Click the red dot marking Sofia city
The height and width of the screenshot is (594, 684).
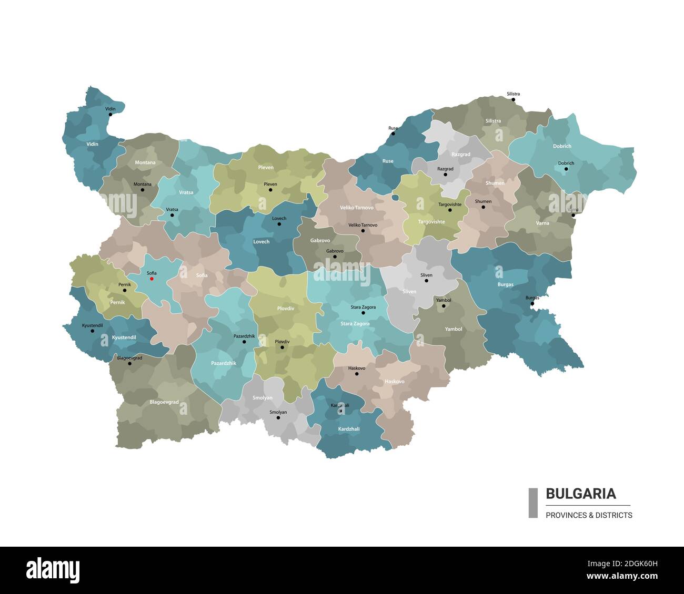pyautogui.click(x=152, y=279)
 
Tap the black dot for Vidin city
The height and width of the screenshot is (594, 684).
pyautogui.click(x=110, y=114)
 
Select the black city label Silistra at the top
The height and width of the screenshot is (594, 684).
pyautogui.click(x=513, y=94)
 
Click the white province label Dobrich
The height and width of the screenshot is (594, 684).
pyautogui.click(x=562, y=146)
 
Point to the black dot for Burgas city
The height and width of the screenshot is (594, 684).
pyautogui.click(x=532, y=303)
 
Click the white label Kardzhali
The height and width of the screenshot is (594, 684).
pyautogui.click(x=349, y=429)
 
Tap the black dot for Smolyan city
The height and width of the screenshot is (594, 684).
pyautogui.click(x=278, y=417)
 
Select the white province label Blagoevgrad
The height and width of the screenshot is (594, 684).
pyautogui.click(x=164, y=402)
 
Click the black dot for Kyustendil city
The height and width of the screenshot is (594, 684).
pyautogui.click(x=93, y=331)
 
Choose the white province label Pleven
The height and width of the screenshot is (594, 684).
pyautogui.click(x=266, y=168)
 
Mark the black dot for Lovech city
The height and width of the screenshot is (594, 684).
pyautogui.click(x=279, y=224)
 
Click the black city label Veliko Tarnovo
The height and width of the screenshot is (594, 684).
pyautogui.click(x=363, y=224)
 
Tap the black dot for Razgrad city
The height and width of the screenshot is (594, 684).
pyautogui.click(x=445, y=175)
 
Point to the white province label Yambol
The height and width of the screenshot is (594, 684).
pyautogui.click(x=453, y=329)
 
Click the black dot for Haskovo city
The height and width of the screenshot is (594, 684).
pyautogui.click(x=357, y=374)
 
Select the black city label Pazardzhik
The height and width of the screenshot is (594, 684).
pyautogui.click(x=244, y=335)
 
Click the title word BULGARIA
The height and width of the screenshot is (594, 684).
pyautogui.click(x=580, y=494)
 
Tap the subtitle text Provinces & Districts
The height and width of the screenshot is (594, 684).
pyautogui.click(x=589, y=515)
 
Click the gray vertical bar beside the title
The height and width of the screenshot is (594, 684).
pyautogui.click(x=533, y=503)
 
